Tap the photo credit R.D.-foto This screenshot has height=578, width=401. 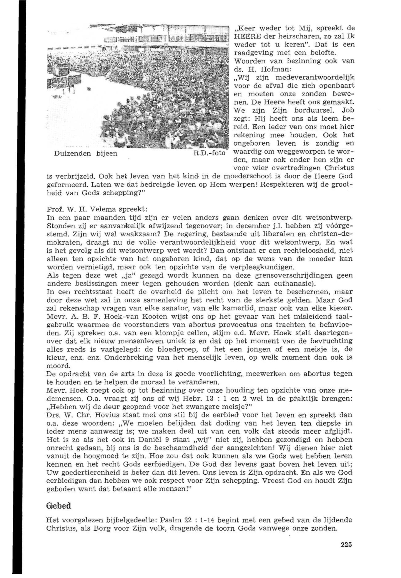click(x=210, y=153)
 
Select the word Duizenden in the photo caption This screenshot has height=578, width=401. click(x=72, y=153)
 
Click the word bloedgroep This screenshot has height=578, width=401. click(x=169, y=349)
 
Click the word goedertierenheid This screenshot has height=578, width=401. click(x=85, y=472)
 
